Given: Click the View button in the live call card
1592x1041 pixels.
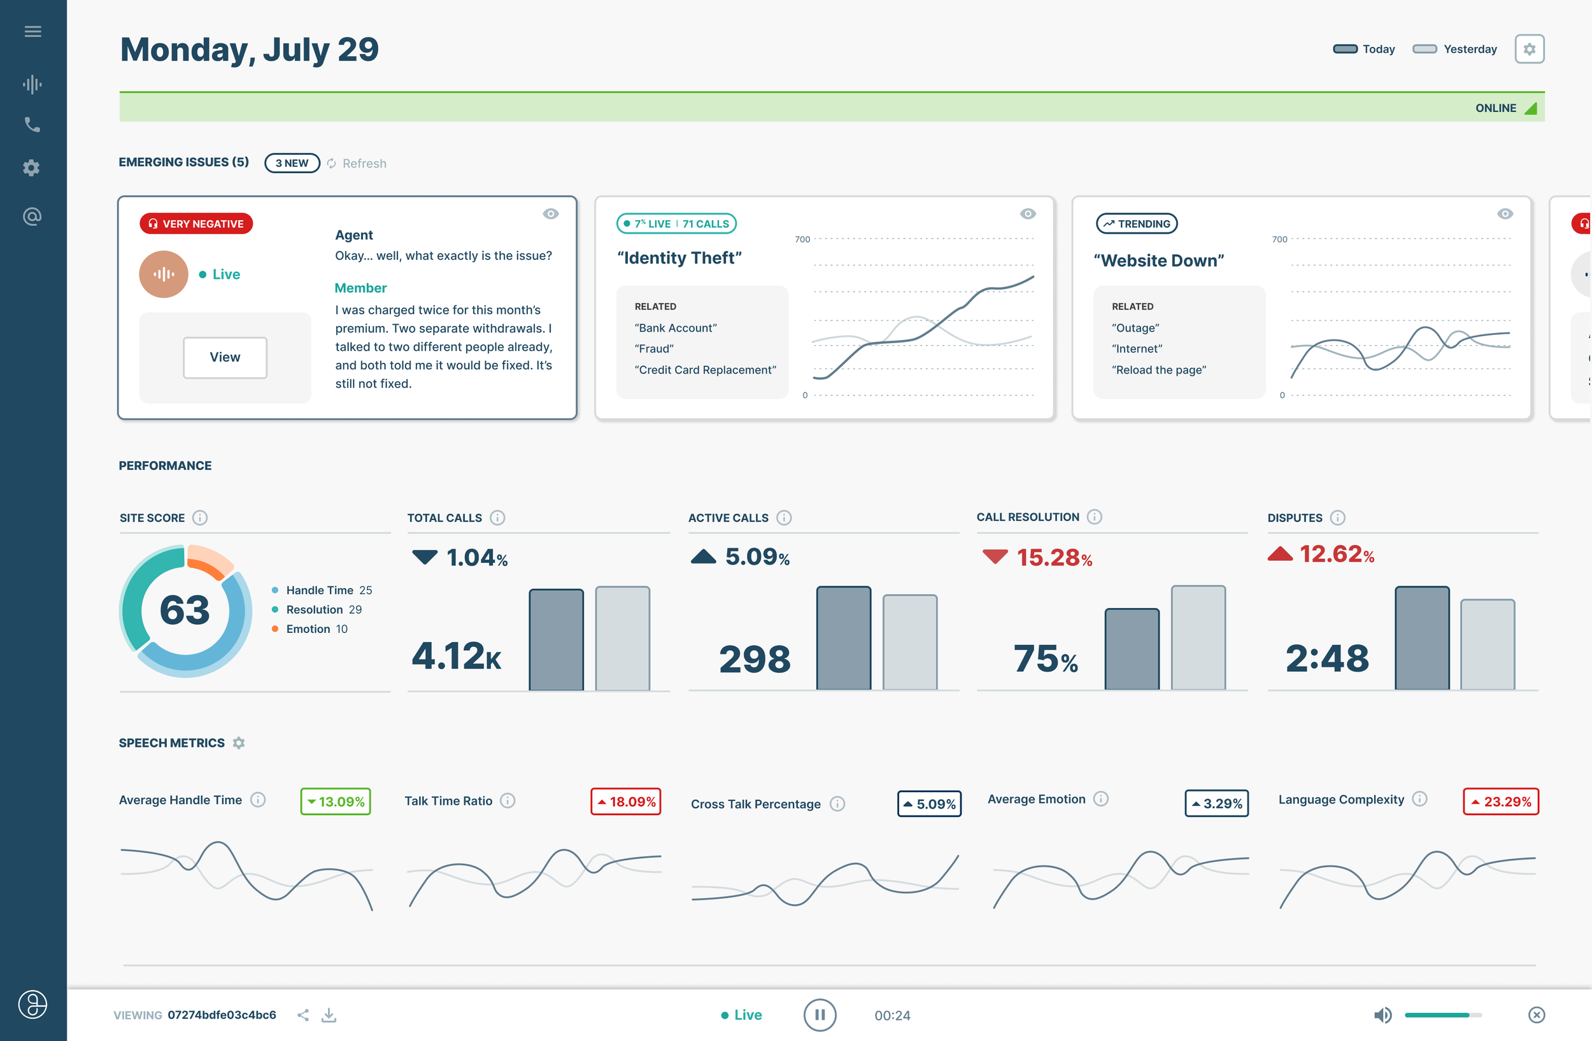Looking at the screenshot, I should (225, 357).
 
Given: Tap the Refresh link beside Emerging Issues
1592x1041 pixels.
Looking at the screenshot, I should (363, 163).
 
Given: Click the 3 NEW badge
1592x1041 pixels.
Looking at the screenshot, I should (292, 163).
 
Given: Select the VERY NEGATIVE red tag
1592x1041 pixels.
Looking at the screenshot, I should (196, 223).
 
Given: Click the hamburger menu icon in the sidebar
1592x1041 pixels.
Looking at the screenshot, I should (32, 31).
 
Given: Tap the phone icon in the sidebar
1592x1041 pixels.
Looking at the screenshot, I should (32, 125).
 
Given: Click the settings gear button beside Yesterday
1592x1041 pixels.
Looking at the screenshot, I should (1528, 49).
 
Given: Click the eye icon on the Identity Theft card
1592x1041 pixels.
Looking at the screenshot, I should (1027, 214).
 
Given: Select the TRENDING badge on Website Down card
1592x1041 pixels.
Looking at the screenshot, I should (1137, 223).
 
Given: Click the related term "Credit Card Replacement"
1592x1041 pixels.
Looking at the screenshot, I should (705, 370).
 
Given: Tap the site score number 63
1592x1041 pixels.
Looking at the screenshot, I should (185, 610).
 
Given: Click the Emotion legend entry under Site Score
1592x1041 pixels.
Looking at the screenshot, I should (308, 629).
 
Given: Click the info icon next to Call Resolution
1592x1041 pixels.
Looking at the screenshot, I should (1094, 517).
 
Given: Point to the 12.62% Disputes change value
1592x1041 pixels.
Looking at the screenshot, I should (1336, 555).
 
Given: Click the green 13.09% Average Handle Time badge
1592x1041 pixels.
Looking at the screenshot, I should (336, 801).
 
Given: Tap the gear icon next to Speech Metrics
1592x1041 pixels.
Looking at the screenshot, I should (239, 743).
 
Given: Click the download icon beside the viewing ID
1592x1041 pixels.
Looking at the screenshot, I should (329, 1015).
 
